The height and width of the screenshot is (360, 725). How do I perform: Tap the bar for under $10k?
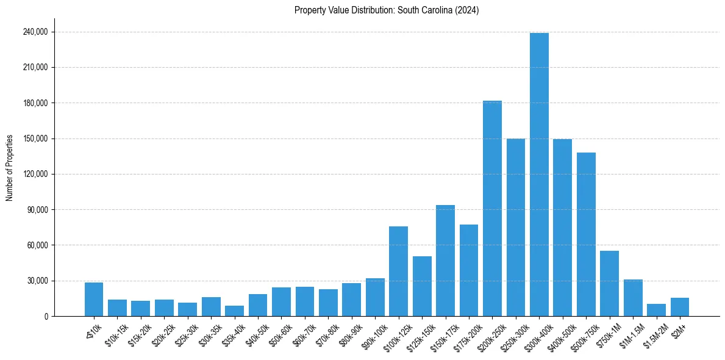94,300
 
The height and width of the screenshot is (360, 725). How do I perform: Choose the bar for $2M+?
680,307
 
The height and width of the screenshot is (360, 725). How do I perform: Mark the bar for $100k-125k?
398,272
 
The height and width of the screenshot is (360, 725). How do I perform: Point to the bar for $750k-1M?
609,284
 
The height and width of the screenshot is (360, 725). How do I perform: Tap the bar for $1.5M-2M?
656,310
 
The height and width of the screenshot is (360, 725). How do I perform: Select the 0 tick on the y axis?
46,317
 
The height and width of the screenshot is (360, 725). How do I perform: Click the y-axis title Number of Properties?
9,167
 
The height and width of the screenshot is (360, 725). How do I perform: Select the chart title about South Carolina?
387,10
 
